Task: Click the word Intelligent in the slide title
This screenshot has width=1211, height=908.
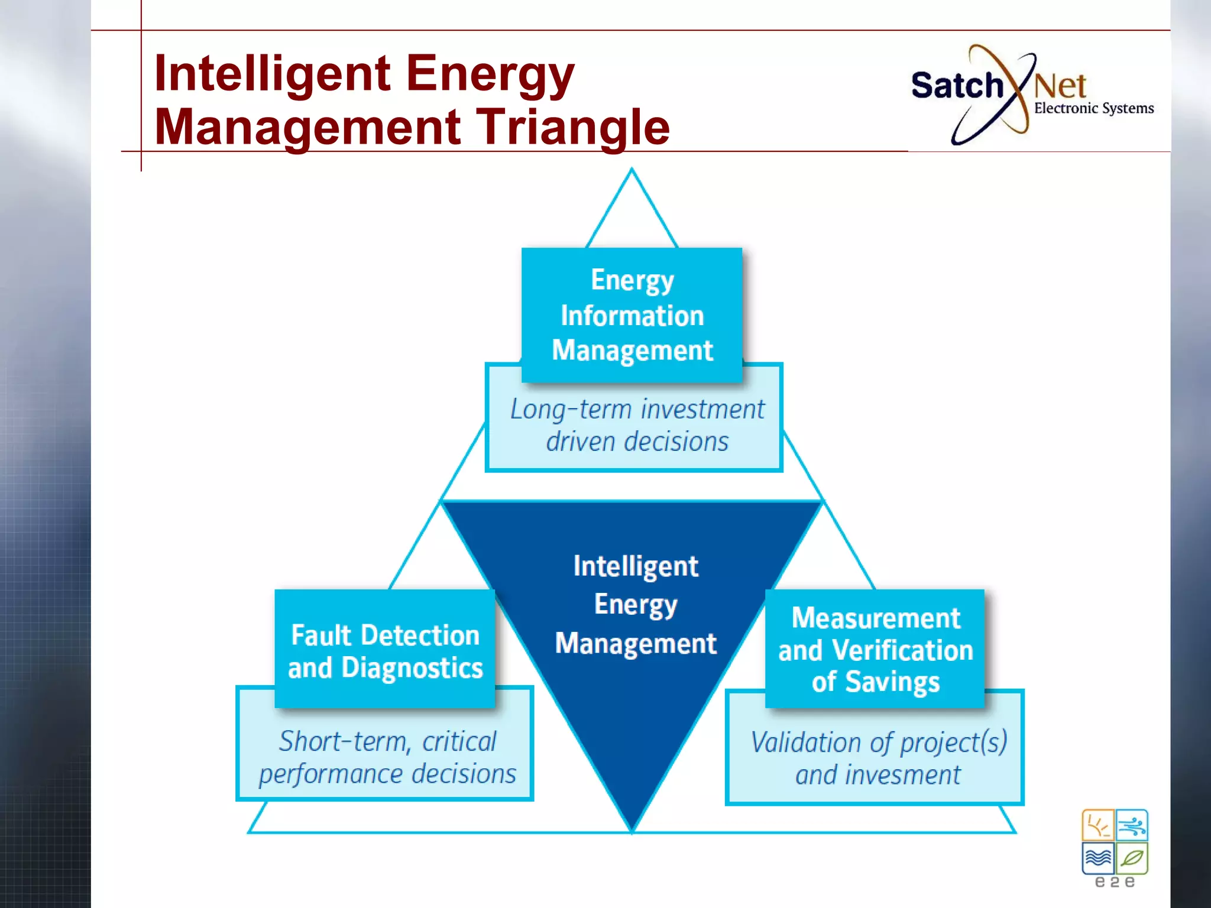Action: tap(272, 74)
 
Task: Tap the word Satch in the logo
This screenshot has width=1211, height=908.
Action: tap(957, 86)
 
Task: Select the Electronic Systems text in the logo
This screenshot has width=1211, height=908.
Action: tap(1093, 108)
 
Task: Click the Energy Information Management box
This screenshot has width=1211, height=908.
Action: tap(632, 315)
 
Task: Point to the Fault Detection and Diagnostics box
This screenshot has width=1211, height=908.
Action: tap(385, 650)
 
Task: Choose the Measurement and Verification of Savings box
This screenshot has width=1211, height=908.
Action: tap(875, 649)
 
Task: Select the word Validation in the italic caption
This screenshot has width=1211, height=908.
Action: tap(806, 742)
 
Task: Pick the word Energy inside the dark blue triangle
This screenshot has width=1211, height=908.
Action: tap(636, 605)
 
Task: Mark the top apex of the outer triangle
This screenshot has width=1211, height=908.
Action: tap(632, 170)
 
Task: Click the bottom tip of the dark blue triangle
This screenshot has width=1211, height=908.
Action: tap(632, 829)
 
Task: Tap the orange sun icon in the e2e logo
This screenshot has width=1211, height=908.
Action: tap(1098, 825)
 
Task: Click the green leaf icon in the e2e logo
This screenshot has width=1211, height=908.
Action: tap(1132, 858)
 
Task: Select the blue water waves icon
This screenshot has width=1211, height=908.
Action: tap(1098, 858)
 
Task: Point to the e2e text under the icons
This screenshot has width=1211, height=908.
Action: tap(1115, 882)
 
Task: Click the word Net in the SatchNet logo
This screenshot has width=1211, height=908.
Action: tap(1060, 86)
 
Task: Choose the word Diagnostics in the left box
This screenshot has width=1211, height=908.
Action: tap(412, 668)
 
